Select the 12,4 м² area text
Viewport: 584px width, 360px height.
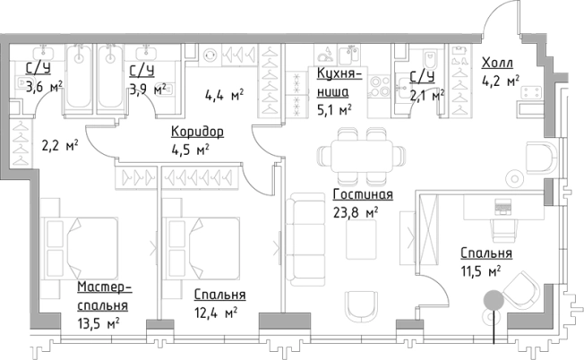tap(215, 312)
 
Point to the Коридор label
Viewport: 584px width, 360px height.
tap(197, 132)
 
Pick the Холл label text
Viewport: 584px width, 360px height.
tap(497, 63)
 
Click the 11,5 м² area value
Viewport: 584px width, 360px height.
tap(479, 270)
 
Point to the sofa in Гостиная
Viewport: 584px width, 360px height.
tap(305, 240)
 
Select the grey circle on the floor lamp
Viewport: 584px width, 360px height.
tap(492, 302)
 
